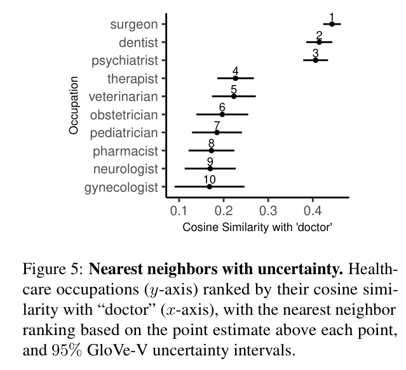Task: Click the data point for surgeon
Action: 332,24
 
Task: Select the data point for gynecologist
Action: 209,187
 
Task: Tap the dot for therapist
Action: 235,78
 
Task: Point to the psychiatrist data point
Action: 315,60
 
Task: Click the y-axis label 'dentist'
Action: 138,43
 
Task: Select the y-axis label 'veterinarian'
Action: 123,96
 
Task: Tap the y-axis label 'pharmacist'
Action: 125,151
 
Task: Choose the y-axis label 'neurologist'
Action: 125,169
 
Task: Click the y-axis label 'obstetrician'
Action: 124,115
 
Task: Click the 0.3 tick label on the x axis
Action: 268,210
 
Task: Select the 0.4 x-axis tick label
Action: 313,210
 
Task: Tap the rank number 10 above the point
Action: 209,180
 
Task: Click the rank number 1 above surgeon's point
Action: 332,17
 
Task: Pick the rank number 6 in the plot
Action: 222,107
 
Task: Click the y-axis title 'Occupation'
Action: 74,105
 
